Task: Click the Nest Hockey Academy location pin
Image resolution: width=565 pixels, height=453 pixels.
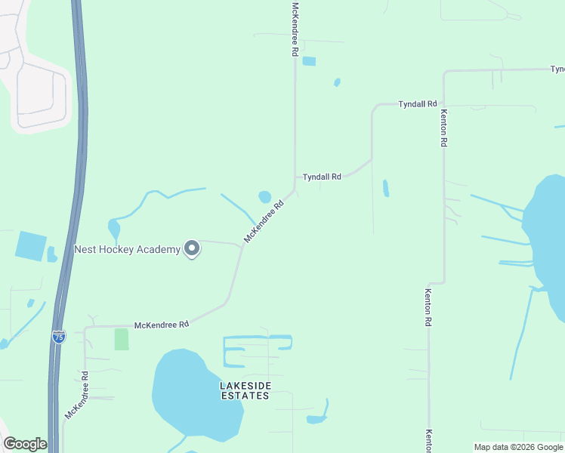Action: [192, 248]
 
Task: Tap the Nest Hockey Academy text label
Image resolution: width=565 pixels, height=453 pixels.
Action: [127, 249]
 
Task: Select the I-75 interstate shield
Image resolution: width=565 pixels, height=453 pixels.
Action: [59, 337]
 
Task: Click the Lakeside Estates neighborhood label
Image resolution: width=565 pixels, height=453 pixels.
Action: [245, 390]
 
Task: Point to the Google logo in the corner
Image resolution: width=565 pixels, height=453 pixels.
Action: [25, 444]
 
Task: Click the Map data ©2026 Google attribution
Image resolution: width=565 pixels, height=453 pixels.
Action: [518, 447]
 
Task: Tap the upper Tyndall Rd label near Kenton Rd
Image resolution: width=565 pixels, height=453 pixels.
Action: [418, 103]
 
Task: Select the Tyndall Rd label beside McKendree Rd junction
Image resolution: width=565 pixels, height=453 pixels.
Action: [322, 177]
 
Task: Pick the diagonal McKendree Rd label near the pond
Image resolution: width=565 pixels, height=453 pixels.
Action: [264, 221]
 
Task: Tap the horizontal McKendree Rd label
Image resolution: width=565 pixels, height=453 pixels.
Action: [161, 325]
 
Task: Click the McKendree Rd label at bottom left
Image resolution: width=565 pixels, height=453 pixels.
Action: [77, 395]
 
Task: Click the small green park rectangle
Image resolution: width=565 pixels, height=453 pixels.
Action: [121, 339]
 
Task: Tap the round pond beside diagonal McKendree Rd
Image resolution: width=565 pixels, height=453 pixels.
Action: [264, 197]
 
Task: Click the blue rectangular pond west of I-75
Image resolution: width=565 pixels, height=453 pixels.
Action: [30, 246]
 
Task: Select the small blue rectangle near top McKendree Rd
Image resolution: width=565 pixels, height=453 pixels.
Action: [309, 61]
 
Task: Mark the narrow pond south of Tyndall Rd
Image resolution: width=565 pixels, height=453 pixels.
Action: [386, 188]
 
